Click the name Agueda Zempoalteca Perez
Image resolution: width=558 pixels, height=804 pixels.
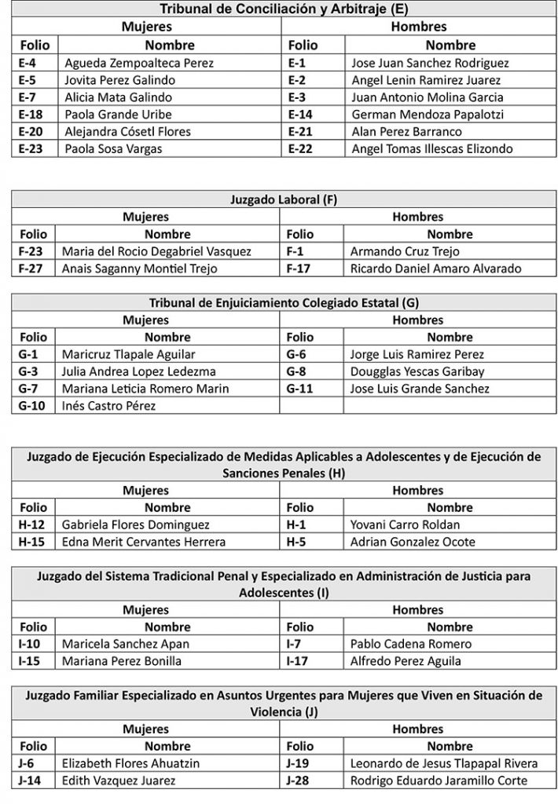(139, 63)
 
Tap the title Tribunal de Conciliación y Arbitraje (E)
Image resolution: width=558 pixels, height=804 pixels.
(284, 9)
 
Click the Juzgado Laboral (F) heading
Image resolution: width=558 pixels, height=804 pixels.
(284, 199)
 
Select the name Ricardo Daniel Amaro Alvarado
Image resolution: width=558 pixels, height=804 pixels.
(435, 269)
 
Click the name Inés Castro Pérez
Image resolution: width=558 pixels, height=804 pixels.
(110, 406)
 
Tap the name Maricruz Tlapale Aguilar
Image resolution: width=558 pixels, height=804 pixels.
(130, 354)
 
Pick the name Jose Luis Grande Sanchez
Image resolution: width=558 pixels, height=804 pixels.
(420, 389)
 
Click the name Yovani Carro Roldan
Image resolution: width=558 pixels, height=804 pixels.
(405, 524)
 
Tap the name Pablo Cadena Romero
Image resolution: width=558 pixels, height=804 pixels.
(410, 644)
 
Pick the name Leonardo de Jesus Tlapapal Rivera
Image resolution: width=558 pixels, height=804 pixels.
(444, 763)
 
